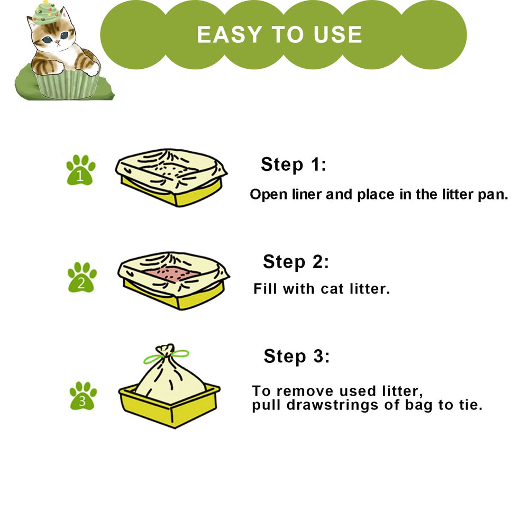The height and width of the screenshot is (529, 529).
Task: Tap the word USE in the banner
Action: coord(337,34)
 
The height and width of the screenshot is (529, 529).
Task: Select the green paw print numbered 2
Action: coord(82,278)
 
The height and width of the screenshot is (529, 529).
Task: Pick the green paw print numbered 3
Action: coord(83,396)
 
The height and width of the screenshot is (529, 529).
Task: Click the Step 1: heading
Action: coord(294,165)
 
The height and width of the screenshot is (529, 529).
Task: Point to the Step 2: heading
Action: coord(296,262)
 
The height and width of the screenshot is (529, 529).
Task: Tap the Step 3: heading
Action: coord(296,356)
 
